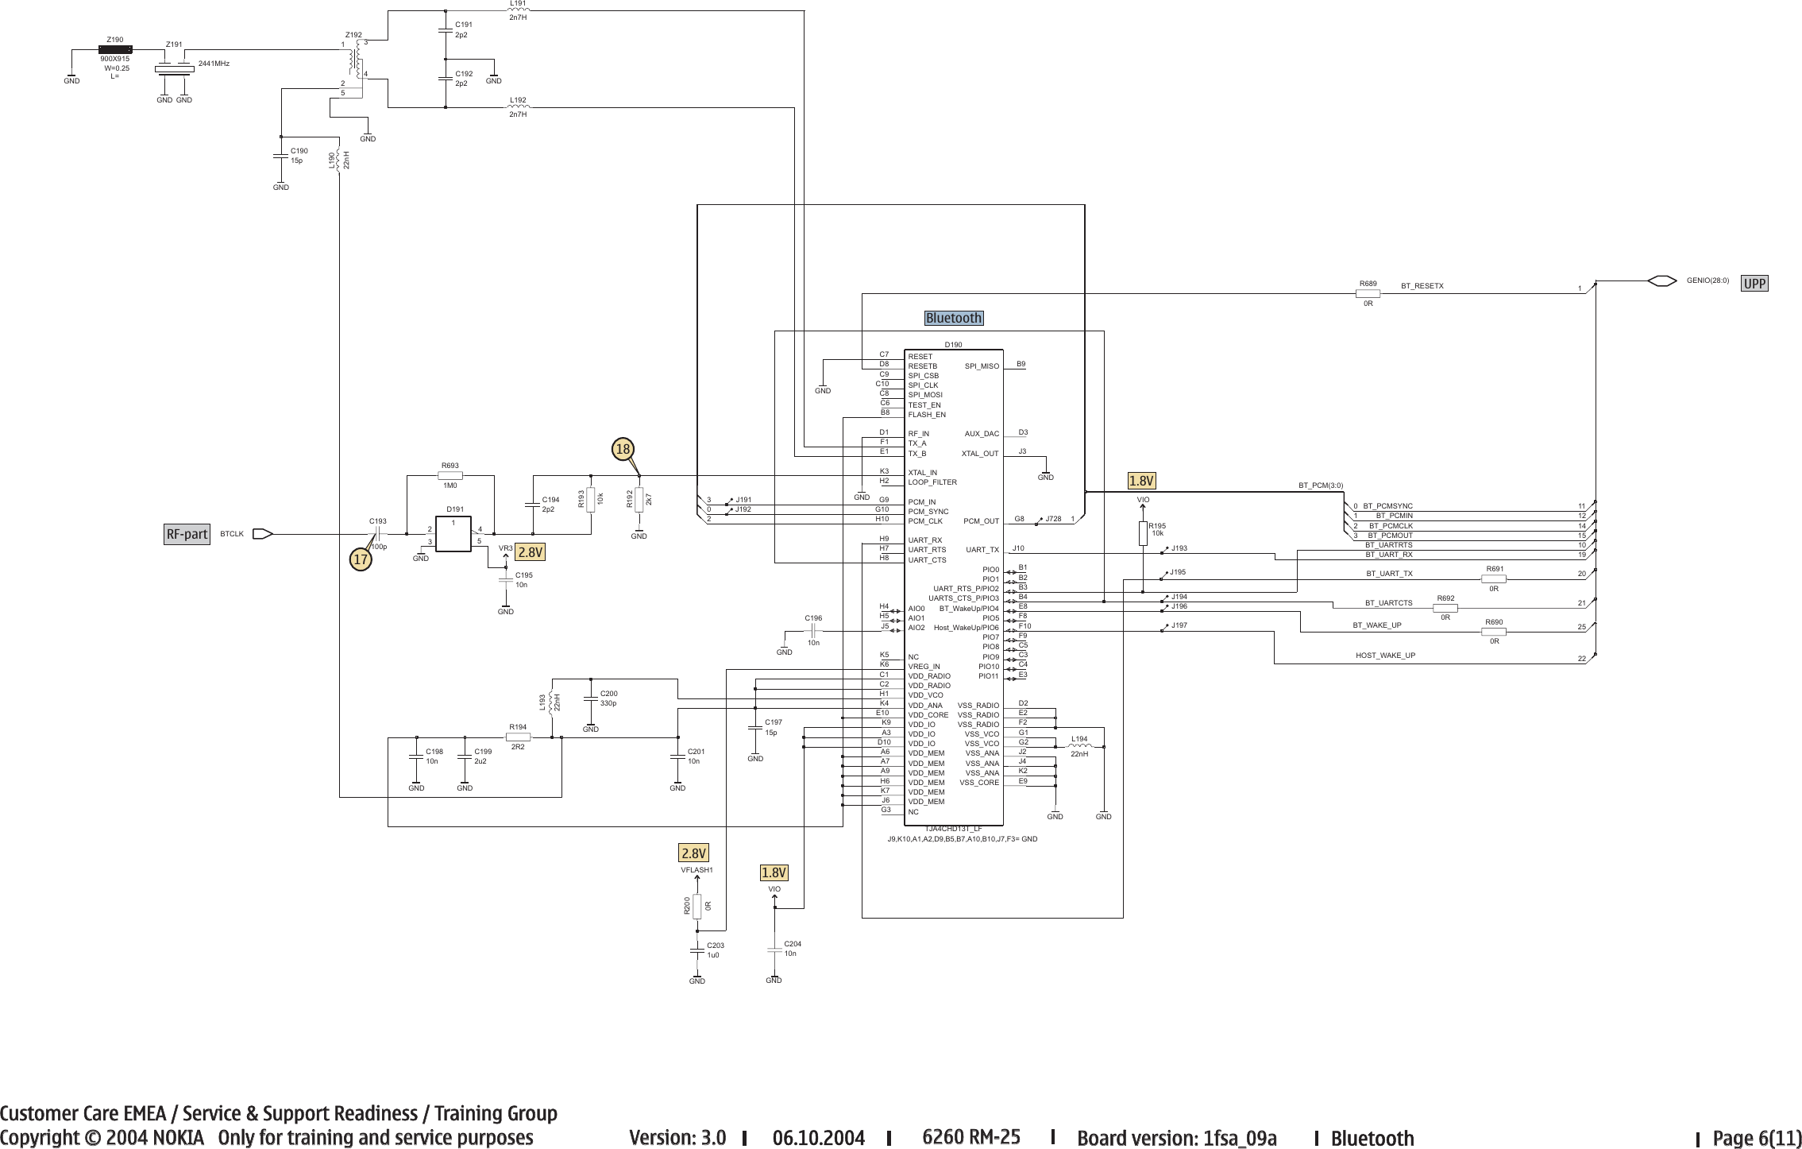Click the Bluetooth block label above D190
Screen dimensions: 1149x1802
[954, 318]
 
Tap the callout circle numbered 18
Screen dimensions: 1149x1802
[623, 450]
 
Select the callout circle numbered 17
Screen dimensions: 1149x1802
[361, 559]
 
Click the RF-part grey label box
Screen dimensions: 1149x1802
[187, 534]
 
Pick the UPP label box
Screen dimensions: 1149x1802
[1754, 283]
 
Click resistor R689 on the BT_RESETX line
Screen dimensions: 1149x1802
[1368, 293]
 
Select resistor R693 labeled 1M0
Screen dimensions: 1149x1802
[450, 475]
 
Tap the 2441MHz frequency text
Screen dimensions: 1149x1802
[214, 64]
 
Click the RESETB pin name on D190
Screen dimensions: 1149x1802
[922, 366]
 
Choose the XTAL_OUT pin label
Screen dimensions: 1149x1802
[980, 454]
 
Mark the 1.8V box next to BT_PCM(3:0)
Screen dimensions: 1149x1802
[1142, 481]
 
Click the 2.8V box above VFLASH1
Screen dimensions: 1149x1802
[693, 853]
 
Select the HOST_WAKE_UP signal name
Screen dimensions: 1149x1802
[1385, 656]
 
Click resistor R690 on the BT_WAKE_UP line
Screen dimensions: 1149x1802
[1494, 632]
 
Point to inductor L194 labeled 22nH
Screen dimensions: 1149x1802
[1082, 746]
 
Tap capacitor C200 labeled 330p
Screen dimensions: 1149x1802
[591, 698]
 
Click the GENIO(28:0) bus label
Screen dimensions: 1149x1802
[1707, 280]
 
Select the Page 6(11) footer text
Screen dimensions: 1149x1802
[1757, 1138]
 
